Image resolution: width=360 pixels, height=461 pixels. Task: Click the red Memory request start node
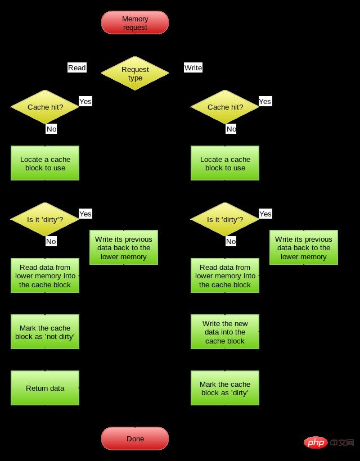point(135,23)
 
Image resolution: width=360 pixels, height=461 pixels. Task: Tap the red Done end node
point(135,439)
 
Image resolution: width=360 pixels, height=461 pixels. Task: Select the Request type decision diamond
point(135,73)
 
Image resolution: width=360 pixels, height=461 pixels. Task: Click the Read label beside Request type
point(77,67)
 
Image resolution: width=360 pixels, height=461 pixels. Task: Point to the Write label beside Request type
point(193,67)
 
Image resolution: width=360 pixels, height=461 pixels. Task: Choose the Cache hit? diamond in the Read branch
point(45,107)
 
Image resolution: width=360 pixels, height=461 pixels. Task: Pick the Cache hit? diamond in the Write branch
point(225,107)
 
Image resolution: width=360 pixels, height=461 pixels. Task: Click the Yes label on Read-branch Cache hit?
point(85,101)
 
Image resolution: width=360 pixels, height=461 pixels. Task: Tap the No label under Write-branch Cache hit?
point(231,129)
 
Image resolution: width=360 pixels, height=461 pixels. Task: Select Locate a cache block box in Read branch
point(45,163)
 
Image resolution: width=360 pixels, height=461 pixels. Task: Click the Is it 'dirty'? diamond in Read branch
point(45,219)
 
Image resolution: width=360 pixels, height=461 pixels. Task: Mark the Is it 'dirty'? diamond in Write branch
point(225,219)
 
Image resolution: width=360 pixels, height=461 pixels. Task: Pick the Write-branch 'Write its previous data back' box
point(304,247)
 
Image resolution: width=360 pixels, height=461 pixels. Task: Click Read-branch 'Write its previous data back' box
point(124,247)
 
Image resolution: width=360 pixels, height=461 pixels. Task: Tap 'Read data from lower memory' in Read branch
point(45,275)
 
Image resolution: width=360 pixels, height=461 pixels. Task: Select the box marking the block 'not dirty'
point(45,332)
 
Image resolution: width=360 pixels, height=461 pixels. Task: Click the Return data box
point(45,388)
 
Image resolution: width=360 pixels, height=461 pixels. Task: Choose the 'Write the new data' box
point(225,332)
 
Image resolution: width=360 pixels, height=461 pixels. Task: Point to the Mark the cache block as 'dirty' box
point(225,388)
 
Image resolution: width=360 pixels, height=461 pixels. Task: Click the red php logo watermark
point(316,443)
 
